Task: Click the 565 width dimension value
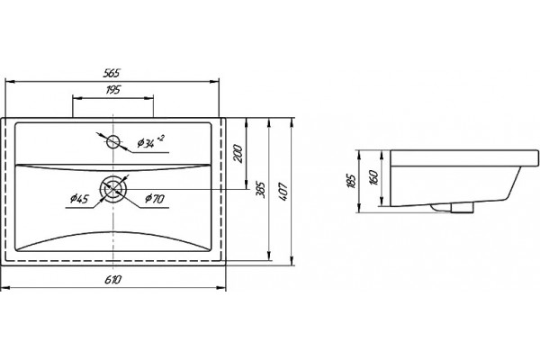pyautogui.click(x=112, y=73)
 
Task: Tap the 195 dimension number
pyautogui.click(x=113, y=90)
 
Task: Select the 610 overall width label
pyautogui.click(x=113, y=279)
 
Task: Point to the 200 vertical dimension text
pyautogui.click(x=238, y=154)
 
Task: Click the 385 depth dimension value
pyautogui.click(x=261, y=190)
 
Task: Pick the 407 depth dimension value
pyautogui.click(x=283, y=192)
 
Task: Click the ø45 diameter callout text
pyautogui.click(x=79, y=199)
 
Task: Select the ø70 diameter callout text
pyautogui.click(x=155, y=198)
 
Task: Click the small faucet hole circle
pyautogui.click(x=113, y=141)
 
